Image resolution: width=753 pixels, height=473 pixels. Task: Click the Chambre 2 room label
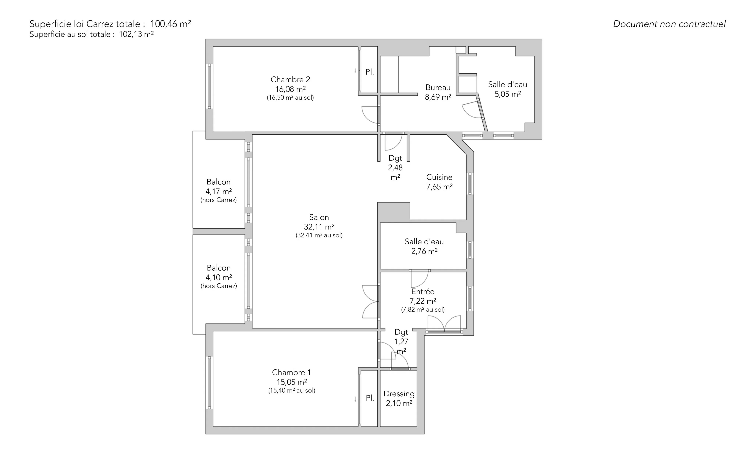[x=290, y=79]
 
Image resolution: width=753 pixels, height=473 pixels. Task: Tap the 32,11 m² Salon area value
[x=319, y=227]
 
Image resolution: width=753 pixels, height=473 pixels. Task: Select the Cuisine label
[x=439, y=177]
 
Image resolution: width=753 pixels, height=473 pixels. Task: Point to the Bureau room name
[x=438, y=88]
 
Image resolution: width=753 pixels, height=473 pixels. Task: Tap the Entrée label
[x=423, y=291]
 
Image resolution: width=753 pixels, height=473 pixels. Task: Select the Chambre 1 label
[x=291, y=372]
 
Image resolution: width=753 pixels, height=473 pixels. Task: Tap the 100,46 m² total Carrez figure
[x=171, y=24]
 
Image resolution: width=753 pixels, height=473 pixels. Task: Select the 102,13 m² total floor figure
[x=136, y=34]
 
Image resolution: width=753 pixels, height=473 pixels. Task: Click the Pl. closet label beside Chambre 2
[x=370, y=72]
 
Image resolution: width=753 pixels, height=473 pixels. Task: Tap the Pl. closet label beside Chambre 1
[x=370, y=398]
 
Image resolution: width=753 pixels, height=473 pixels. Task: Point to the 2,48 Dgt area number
[x=395, y=168]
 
